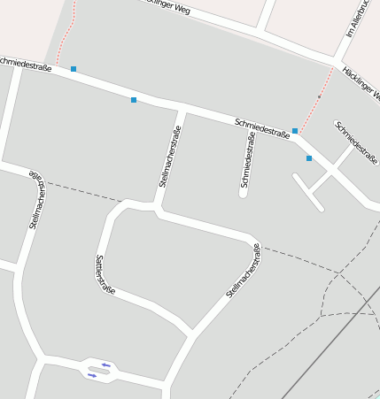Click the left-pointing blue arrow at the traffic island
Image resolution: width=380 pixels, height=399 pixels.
coord(106,364)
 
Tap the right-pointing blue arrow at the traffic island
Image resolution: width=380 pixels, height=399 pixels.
coord(92,375)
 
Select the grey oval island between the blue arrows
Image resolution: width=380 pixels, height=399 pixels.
coord(99,370)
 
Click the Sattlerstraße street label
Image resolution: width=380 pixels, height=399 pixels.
coord(105,274)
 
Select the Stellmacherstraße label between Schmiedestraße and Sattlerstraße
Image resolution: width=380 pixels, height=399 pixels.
coord(170,157)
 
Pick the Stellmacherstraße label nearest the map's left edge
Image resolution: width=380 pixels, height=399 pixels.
coord(37,201)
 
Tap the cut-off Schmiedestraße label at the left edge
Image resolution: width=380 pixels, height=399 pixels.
coord(25,64)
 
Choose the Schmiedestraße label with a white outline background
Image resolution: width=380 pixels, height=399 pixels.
coord(262,128)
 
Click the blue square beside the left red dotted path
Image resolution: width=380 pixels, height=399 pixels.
coord(74,69)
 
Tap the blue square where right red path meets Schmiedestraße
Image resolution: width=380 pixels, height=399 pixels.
coord(295,131)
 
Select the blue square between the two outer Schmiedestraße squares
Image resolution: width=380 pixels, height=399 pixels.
coord(134,100)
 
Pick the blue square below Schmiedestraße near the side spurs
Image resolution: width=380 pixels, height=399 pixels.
coord(309,158)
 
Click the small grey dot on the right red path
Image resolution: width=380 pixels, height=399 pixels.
coord(320,96)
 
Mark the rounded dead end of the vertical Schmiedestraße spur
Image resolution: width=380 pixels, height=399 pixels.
coord(243,193)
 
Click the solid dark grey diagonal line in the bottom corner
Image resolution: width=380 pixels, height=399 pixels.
coord(328,354)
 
